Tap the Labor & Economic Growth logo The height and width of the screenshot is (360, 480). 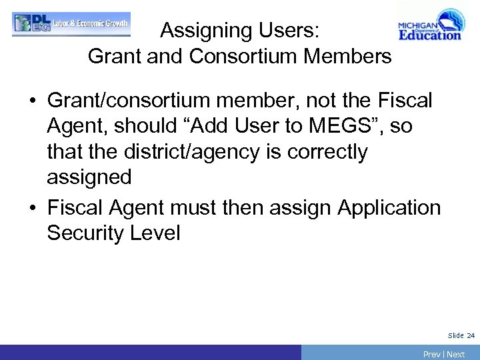tap(71, 23)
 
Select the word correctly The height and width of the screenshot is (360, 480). tap(327, 152)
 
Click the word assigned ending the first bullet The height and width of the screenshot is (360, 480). tap(89, 177)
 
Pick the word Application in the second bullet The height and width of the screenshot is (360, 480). tap(389, 208)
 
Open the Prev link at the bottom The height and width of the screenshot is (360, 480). tap(431, 354)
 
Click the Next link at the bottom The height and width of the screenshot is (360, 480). tap(456, 354)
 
